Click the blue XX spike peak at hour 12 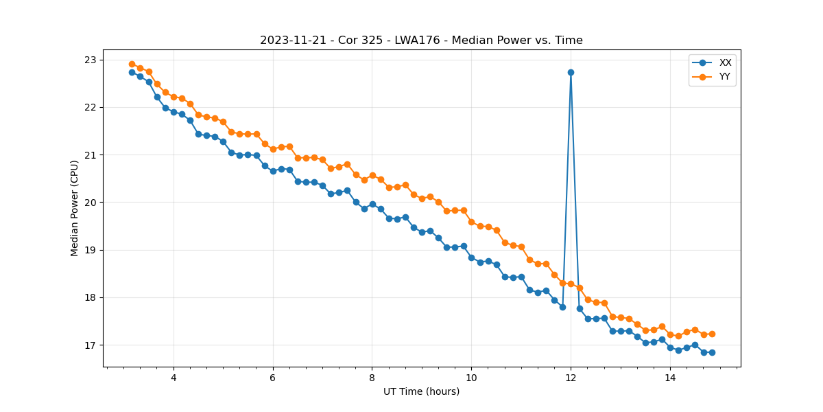point(571,72)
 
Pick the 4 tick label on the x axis point(174,378)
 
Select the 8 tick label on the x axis point(372,378)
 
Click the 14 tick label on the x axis point(670,378)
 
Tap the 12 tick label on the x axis point(571,378)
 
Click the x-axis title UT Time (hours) point(421,392)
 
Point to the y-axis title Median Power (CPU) point(75,208)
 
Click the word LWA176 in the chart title point(416,41)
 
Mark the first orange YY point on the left point(132,64)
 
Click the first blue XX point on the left point(132,72)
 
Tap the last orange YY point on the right point(712,334)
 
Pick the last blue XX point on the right point(712,352)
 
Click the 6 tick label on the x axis point(273,378)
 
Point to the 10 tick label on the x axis point(471,378)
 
